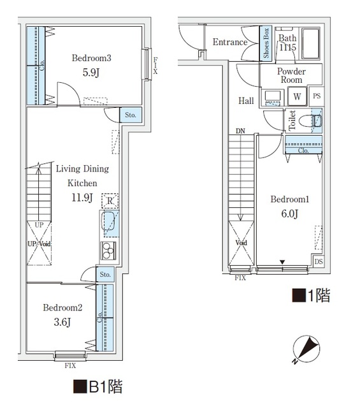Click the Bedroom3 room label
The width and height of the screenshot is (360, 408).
92,59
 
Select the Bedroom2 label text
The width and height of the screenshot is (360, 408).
62,307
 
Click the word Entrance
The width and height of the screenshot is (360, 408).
230,43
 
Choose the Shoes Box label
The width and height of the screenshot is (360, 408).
266,43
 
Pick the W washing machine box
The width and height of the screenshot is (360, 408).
297,97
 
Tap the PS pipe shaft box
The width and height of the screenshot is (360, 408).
317,97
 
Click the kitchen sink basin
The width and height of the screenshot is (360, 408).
109,223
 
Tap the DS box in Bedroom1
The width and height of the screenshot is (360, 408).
318,262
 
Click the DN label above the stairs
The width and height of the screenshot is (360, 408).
240,131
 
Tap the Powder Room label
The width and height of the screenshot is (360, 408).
291,76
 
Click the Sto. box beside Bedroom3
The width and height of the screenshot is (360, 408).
131,115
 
